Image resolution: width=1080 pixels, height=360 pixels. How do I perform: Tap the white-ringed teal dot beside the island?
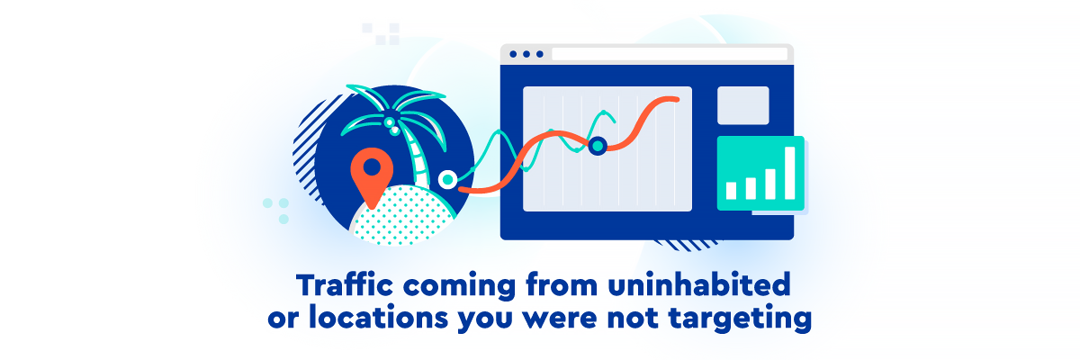448,180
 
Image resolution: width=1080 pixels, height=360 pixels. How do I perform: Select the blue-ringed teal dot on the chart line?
598,146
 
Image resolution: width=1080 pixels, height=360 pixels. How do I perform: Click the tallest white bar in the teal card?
790,173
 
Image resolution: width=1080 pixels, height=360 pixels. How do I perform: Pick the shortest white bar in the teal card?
732,191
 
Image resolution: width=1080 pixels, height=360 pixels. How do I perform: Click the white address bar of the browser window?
670,54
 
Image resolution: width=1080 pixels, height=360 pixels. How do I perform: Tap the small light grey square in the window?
743,105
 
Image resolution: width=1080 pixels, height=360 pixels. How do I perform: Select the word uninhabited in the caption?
698,284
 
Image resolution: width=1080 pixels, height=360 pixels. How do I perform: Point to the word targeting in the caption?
740,319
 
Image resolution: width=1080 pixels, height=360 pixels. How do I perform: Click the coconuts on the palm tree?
391,125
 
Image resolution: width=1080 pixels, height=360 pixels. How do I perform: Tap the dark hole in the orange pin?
372,167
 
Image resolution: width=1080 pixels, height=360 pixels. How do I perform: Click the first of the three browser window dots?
513,54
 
